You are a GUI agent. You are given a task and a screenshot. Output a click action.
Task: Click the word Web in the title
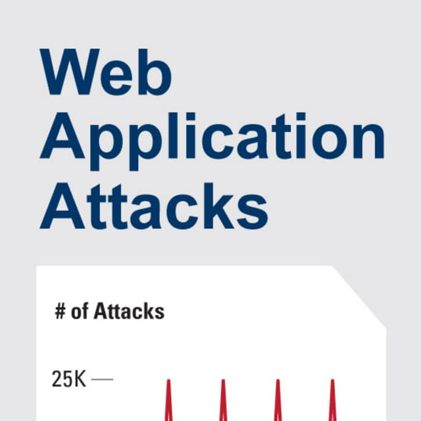pyautogui.click(x=106, y=72)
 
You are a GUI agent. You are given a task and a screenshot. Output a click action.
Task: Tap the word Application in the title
pyautogui.click(x=212, y=141)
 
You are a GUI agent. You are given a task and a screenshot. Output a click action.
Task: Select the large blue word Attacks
pyautogui.click(x=154, y=206)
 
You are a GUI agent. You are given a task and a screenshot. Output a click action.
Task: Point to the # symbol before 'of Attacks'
pyautogui.click(x=61, y=312)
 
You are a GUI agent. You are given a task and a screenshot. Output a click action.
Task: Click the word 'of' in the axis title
pyautogui.click(x=80, y=312)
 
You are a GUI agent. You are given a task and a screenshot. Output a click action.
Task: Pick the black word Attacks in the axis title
pyautogui.click(x=129, y=311)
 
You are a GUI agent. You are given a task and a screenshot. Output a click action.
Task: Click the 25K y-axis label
pyautogui.click(x=68, y=379)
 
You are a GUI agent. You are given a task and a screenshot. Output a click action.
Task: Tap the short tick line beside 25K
pyautogui.click(x=103, y=380)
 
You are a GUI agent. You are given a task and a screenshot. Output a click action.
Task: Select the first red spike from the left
pyautogui.click(x=168, y=400)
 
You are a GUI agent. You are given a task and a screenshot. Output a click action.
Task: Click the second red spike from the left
pyautogui.click(x=224, y=400)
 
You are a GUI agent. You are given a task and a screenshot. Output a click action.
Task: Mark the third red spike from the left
pyautogui.click(x=278, y=400)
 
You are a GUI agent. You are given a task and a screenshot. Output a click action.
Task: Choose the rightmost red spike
pyautogui.click(x=333, y=400)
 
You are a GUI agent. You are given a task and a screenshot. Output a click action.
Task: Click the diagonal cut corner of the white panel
pyautogui.click(x=359, y=297)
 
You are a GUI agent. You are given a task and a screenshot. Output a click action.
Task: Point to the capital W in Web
pyautogui.click(x=70, y=72)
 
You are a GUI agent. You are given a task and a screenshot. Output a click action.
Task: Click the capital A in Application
pyautogui.click(x=62, y=136)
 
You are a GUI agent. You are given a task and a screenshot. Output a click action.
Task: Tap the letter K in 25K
pyautogui.click(x=80, y=379)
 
